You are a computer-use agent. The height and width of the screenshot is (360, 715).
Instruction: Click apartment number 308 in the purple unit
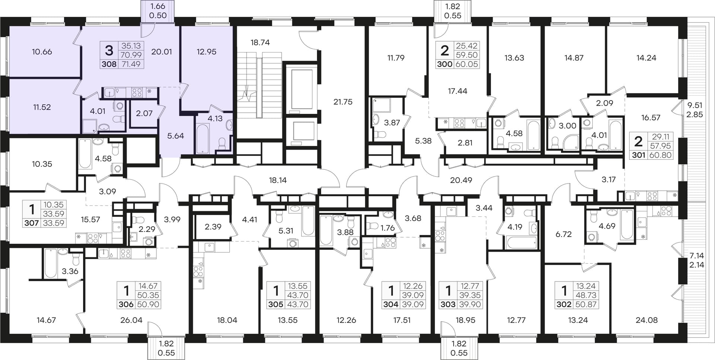coord(109,64)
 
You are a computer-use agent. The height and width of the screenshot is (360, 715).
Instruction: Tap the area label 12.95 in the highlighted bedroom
coord(206,52)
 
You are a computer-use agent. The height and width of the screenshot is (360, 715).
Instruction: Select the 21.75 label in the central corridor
coord(343,102)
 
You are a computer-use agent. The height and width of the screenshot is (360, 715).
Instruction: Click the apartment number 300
coord(445,64)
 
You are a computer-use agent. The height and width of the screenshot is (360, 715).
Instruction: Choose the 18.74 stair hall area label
coord(260,42)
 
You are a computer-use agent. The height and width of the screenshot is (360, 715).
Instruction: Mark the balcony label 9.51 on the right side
coord(695,106)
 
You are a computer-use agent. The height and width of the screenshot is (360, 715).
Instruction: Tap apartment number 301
coord(638,155)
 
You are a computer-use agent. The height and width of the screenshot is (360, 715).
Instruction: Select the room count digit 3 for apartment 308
coord(109,50)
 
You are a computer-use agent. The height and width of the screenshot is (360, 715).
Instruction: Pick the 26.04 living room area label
coord(131,320)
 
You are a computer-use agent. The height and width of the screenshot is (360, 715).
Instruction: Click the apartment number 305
coord(276,304)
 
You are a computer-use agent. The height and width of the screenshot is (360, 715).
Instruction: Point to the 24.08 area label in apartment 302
coord(647,320)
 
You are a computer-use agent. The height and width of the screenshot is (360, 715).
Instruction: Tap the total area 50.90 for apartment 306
coord(149,304)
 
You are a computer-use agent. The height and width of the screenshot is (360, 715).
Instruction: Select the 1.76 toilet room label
coord(388,228)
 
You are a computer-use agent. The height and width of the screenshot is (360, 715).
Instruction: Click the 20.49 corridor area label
coord(461,180)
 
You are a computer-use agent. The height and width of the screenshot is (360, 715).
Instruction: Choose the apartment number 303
coord(448,304)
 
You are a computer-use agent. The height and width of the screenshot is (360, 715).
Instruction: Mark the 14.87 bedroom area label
coord(574,58)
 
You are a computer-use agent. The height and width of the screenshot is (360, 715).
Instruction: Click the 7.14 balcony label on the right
coord(697,256)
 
